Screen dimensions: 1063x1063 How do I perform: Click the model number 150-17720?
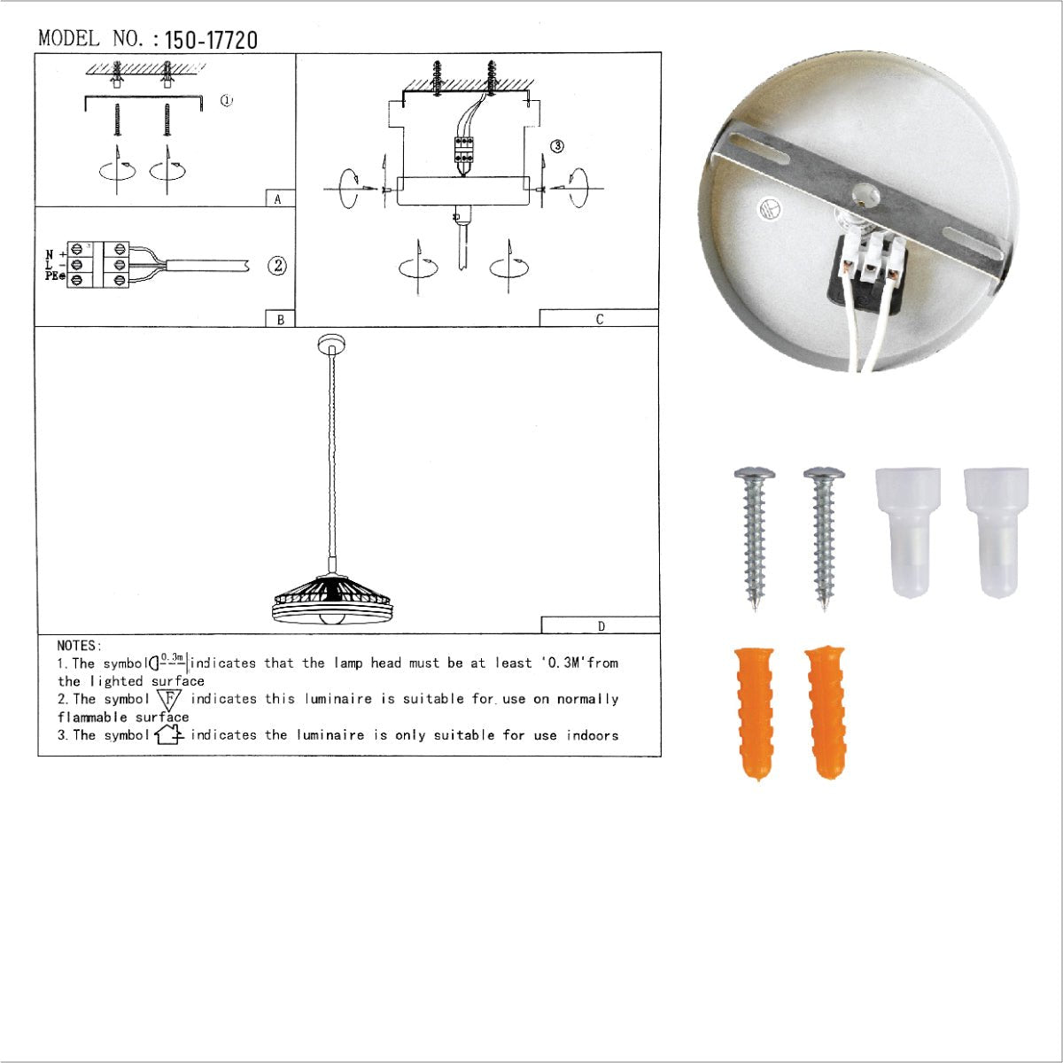click(x=211, y=40)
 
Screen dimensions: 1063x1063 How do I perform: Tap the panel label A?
click(x=278, y=199)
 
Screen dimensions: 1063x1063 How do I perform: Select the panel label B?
click(x=280, y=319)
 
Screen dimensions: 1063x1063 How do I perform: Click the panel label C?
click(x=599, y=319)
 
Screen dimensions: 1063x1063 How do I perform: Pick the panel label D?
click(x=601, y=626)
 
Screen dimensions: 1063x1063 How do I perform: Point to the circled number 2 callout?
click(x=277, y=265)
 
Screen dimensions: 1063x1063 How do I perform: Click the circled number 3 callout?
click(x=557, y=146)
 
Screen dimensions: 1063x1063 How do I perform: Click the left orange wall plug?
click(x=755, y=714)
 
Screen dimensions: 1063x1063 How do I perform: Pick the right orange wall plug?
click(x=826, y=712)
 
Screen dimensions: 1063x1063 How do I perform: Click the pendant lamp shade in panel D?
click(x=331, y=601)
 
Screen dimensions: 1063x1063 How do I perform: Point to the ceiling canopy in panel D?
click(x=331, y=343)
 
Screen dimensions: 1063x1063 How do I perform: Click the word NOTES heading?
click(x=80, y=646)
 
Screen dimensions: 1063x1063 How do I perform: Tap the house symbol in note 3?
click(x=169, y=734)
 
